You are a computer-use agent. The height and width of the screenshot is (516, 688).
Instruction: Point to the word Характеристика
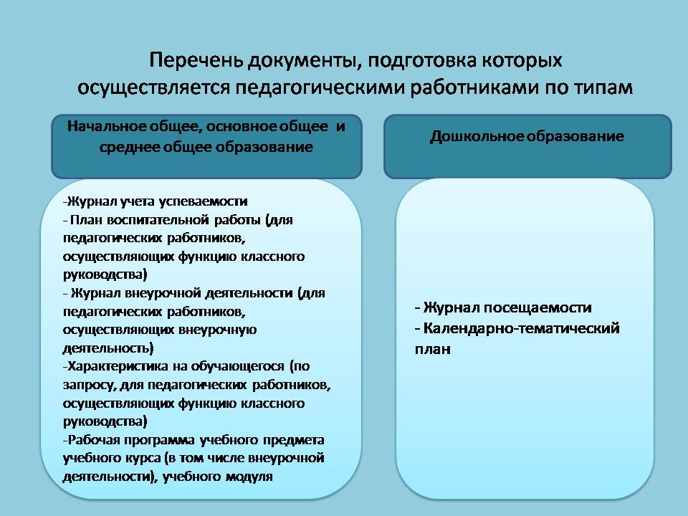coord(118,366)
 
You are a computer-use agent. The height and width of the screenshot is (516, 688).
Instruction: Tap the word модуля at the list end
coord(249,477)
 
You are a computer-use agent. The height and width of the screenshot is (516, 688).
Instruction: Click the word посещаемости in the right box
coord(537,307)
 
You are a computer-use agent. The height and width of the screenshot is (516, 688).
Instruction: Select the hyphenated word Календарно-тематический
coord(521,328)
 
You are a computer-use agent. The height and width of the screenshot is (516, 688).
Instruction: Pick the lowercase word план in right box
coord(433,349)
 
